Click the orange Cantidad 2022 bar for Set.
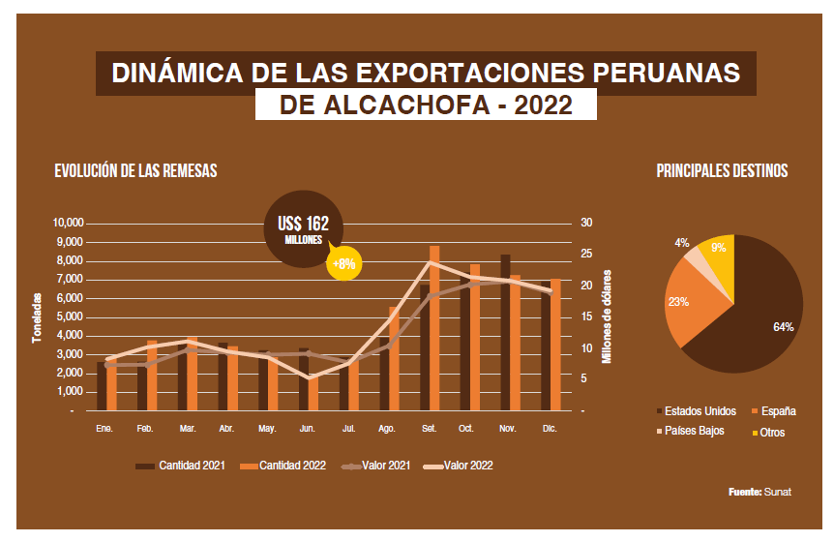(434, 329)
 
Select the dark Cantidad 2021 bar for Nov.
(505, 333)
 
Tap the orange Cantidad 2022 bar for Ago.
(394, 359)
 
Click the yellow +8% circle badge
(343, 262)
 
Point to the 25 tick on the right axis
(586, 255)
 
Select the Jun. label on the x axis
(307, 427)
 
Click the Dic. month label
(548, 427)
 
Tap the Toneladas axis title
(37, 316)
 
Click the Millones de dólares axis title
(608, 316)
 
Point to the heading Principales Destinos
(722, 171)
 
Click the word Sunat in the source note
(778, 493)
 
